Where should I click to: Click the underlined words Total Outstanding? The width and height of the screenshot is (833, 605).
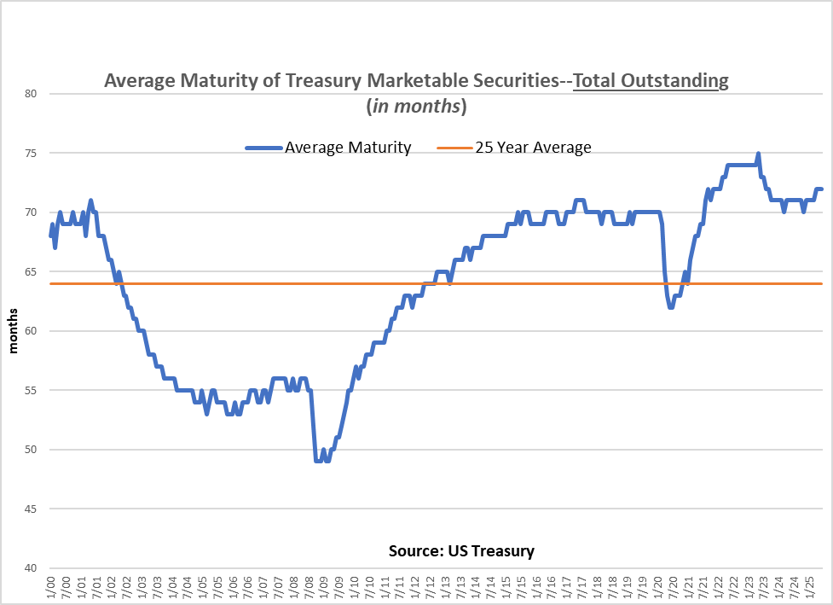651,81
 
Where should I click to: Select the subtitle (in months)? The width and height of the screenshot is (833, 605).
416,107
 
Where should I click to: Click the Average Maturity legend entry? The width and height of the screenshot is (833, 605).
348,148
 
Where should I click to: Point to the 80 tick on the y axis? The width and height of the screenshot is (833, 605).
32,94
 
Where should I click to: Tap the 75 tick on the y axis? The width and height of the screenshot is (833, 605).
32,153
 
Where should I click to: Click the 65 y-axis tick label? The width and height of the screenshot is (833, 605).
32,271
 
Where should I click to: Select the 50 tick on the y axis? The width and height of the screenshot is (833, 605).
32,450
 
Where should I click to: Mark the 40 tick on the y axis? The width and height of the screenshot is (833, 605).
32,568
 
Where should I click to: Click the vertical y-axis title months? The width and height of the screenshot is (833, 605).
14,331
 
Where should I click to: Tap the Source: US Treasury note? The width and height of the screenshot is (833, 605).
461,550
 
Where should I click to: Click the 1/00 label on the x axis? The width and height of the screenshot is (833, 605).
52,588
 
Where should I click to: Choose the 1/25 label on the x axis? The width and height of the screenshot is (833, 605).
810,588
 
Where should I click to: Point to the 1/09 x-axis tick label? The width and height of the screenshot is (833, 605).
325,588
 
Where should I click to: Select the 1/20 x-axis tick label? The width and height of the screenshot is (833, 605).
658,588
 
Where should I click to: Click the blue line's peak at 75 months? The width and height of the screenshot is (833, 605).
758,154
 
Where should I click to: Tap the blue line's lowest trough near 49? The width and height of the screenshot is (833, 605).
318,461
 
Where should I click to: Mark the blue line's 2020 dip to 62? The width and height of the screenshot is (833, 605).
671,306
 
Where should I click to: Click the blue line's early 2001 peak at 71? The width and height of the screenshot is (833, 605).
90,201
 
